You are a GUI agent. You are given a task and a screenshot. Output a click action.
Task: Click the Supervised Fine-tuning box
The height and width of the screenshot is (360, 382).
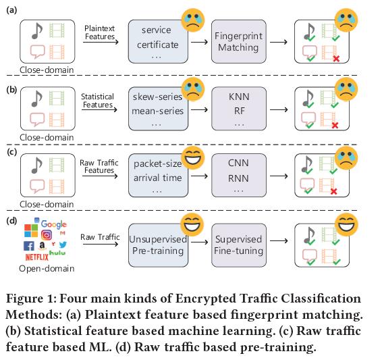point(238,245)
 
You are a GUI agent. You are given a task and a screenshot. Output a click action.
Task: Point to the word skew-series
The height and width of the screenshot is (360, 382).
point(158,97)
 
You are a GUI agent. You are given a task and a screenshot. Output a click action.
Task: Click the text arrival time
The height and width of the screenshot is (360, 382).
point(159,178)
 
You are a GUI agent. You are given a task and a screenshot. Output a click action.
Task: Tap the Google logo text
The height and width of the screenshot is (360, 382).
point(53,224)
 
